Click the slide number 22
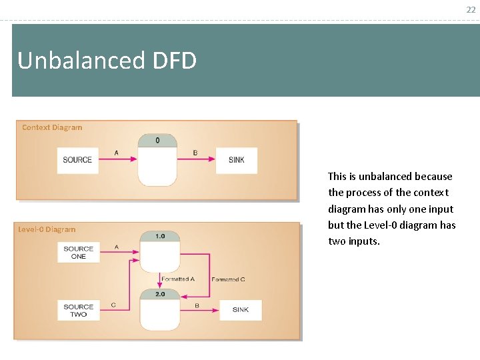tap(471, 9)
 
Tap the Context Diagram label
tap(52, 127)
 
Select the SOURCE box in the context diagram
tap(77, 160)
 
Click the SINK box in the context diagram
tap(236, 160)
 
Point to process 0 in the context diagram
tap(157, 160)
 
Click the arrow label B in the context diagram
tap(195, 153)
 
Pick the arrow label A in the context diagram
tap(117, 153)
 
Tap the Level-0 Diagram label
tap(47, 229)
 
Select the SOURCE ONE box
tap(79, 252)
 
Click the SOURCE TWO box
tap(79, 310)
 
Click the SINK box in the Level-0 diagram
tap(240, 310)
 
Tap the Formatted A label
tap(177, 279)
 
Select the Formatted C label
tap(228, 279)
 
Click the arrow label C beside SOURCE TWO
tap(113, 305)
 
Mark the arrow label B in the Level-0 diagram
tap(197, 305)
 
